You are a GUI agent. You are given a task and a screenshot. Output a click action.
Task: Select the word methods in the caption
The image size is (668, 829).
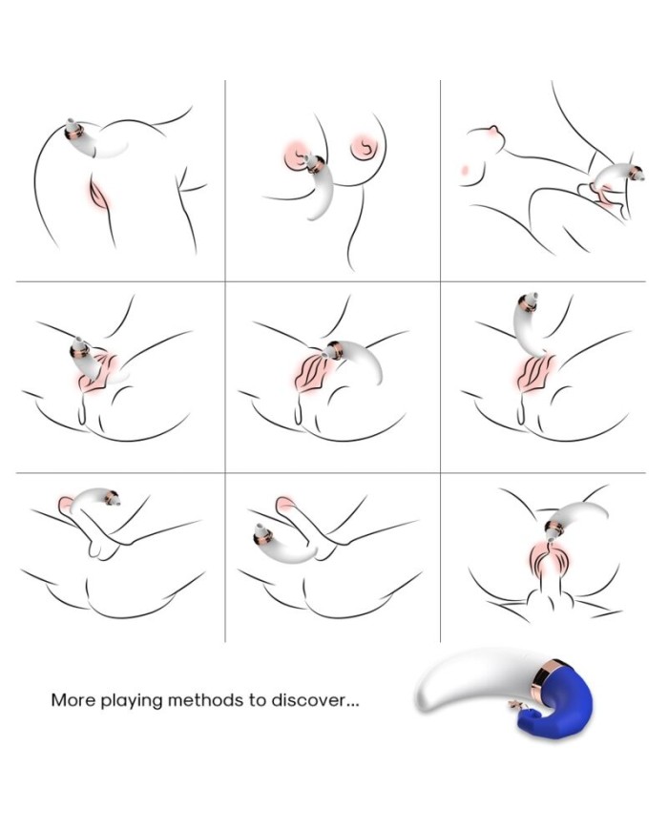click(206, 700)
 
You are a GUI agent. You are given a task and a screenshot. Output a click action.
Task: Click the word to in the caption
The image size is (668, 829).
click(258, 700)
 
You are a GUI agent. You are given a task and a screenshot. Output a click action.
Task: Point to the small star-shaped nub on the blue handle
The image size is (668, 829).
click(513, 704)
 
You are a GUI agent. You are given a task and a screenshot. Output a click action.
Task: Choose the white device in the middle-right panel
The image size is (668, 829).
click(529, 322)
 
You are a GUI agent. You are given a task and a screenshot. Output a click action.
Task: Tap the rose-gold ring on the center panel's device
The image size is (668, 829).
click(335, 350)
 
